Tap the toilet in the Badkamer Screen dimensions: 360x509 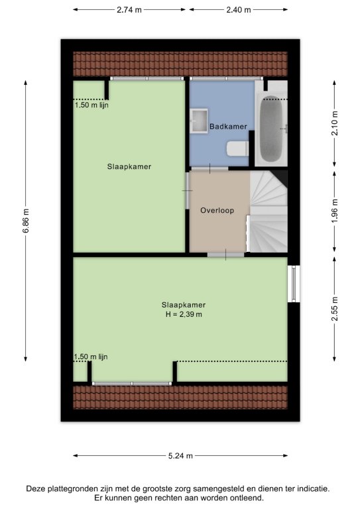click(237, 148)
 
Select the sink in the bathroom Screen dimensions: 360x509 click(199, 121)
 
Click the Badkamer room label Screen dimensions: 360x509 click(228, 127)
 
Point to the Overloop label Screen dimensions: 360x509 click(217, 210)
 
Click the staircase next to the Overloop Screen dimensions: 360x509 click(269, 211)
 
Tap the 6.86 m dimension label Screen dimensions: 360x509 click(26, 221)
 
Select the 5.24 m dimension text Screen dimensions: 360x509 click(180, 456)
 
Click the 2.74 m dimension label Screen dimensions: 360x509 click(129, 10)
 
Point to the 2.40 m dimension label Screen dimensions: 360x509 click(239, 10)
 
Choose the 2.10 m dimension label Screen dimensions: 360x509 click(335, 123)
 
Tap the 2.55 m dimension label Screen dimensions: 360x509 click(335, 309)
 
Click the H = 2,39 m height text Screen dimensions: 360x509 click(184, 314)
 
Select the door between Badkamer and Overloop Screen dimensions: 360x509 click(210, 168)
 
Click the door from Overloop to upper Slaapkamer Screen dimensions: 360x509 click(188, 191)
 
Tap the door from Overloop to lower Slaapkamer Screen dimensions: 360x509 click(226, 254)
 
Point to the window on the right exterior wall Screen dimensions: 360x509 click(294, 284)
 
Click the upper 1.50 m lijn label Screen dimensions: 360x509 click(91, 105)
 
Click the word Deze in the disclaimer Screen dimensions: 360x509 click(34, 488)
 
